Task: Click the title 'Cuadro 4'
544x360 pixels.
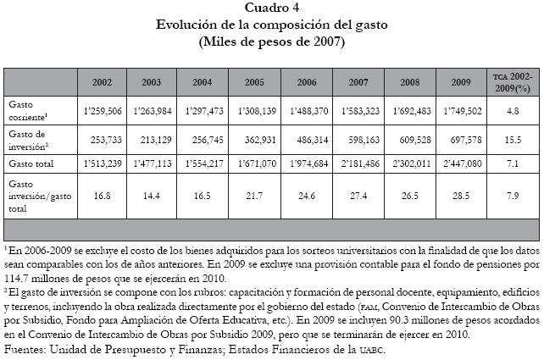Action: (272, 9)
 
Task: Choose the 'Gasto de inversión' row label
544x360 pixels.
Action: (29, 139)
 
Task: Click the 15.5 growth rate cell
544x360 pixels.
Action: (511, 139)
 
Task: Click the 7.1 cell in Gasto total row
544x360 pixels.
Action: (511, 163)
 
